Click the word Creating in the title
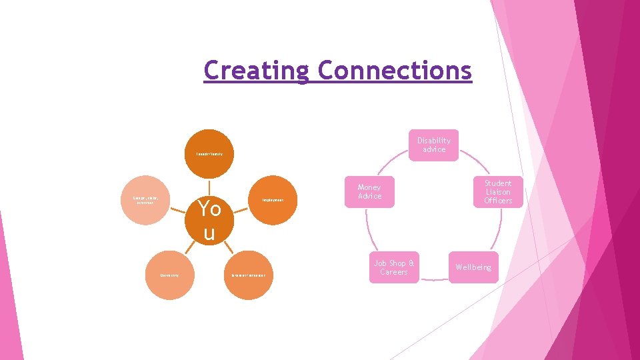[x=257, y=70]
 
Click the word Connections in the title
[x=394, y=70]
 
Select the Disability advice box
[x=433, y=145]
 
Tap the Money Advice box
[x=369, y=192]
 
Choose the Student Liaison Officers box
[x=497, y=192]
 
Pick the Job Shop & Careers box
[x=393, y=267]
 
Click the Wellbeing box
[x=473, y=267]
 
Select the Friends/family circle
[x=209, y=154]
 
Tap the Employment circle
[x=273, y=200]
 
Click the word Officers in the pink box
[x=497, y=201]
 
